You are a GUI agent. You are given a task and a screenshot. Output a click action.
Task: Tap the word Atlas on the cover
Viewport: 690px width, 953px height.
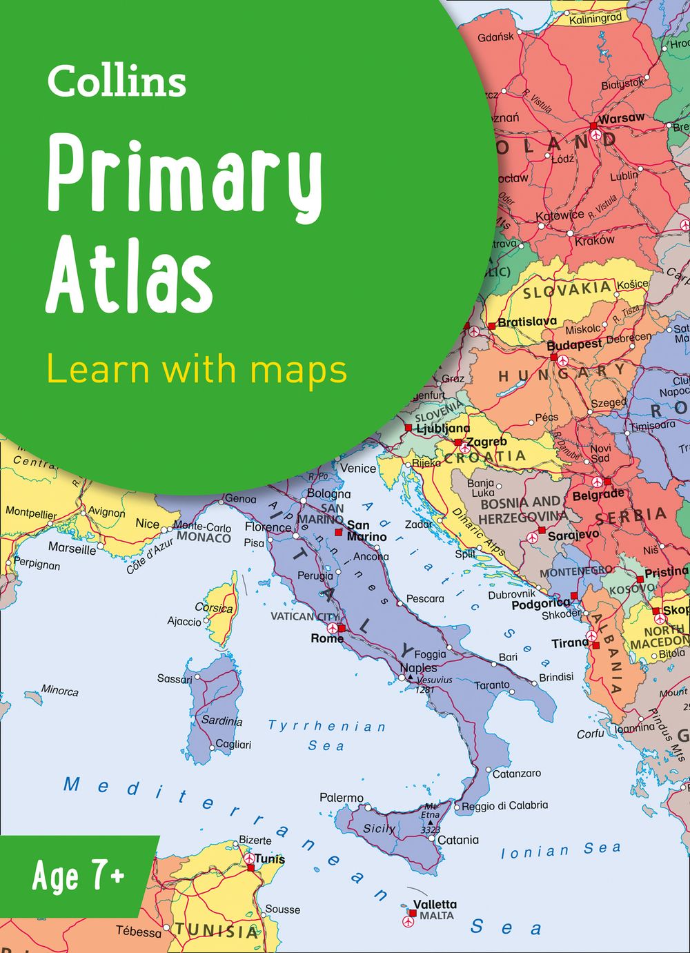(129, 274)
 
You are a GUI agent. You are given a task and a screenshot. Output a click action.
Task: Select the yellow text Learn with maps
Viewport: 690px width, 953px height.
(197, 369)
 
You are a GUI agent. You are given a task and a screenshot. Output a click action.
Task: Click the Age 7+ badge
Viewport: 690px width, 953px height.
(78, 876)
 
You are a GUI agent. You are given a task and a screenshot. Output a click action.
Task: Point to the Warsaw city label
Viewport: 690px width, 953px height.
(622, 118)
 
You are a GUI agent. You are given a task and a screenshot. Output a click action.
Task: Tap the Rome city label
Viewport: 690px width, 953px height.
(326, 638)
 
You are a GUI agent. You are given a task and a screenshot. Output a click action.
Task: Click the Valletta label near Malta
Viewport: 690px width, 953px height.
(435, 904)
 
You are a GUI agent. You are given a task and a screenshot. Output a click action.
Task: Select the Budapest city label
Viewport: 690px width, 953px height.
(574, 344)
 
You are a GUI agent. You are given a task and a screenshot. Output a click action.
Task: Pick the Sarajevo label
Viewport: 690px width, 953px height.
(573, 535)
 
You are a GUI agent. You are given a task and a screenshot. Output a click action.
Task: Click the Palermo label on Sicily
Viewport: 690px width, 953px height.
(341, 798)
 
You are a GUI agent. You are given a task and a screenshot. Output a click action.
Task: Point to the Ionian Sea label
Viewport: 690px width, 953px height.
(560, 850)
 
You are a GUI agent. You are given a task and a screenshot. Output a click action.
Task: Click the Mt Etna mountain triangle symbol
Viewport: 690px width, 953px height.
(430, 823)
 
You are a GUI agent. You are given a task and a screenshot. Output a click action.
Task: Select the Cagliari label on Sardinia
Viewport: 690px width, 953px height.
(233, 745)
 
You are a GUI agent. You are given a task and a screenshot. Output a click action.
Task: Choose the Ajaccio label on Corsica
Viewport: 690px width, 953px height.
(184, 621)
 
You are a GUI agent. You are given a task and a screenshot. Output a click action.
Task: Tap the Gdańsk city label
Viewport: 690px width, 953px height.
(495, 37)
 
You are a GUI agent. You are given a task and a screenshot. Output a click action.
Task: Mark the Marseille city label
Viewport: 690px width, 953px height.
(72, 549)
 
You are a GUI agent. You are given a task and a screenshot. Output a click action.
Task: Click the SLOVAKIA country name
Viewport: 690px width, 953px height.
(567, 290)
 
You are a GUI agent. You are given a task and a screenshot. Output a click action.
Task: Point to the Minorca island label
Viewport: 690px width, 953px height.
(59, 690)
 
